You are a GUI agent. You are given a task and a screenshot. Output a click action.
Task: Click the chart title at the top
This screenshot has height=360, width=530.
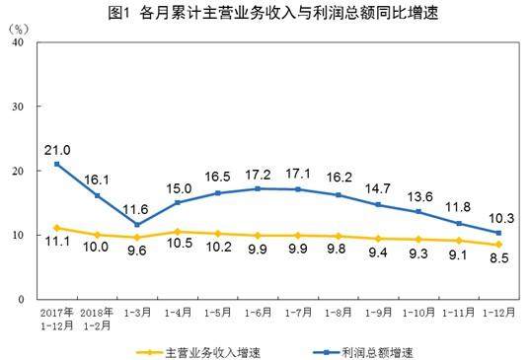pos(273,13)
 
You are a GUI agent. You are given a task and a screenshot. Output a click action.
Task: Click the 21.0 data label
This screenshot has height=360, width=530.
pos(57,150)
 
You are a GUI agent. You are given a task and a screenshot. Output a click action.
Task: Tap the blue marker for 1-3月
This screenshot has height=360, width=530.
pos(137,225)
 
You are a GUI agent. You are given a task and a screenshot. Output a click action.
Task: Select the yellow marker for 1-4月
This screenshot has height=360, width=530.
pos(177,232)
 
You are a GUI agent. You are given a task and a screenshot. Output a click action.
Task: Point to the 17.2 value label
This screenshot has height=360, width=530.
pos(259,175)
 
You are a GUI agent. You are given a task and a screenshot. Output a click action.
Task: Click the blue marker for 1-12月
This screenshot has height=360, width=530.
pos(498,233)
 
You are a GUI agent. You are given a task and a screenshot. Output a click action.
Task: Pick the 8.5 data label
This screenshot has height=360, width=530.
pos(499,258)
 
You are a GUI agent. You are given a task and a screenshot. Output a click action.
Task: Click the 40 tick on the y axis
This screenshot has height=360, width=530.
pos(18,42)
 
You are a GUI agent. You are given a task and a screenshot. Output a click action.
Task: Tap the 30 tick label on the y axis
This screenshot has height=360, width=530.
pos(18,107)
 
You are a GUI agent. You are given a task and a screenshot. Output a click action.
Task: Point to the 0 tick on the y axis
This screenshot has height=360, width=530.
pos(21,299)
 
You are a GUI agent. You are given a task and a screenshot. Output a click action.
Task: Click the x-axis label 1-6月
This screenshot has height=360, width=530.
pos(258,313)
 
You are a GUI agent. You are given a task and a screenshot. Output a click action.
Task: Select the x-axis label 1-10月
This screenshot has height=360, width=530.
pos(418,313)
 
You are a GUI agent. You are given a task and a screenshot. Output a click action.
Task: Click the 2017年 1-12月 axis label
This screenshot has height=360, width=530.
pos(57,319)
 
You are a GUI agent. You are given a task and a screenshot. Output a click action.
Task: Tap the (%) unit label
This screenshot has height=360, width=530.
pos(19,29)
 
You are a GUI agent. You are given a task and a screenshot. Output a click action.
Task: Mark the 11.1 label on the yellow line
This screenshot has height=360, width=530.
pos(57,242)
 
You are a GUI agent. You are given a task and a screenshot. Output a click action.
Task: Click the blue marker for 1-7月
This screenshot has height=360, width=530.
pos(298,189)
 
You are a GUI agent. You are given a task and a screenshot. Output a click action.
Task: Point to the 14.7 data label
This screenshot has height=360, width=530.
pos(378,188)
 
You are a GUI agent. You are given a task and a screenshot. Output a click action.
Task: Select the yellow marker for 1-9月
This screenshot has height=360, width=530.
pos(378,239)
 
